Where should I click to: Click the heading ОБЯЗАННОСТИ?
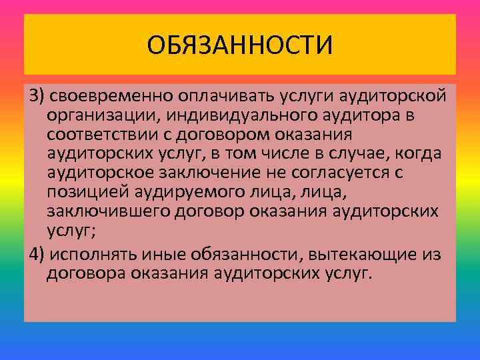point(240,46)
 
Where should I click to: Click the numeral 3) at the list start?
point(35,97)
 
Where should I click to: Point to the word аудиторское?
point(96,173)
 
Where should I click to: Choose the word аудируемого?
point(176,193)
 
